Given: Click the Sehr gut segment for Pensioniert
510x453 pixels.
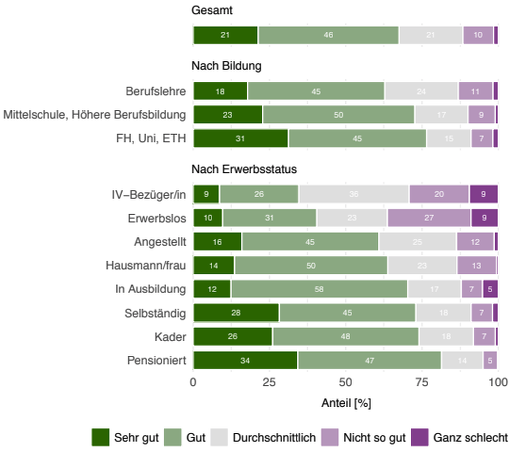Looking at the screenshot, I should click(x=245, y=360).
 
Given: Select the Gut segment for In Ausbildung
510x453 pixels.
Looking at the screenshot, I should click(x=319, y=289).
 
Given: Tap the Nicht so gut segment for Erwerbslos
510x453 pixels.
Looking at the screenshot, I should click(x=429, y=218).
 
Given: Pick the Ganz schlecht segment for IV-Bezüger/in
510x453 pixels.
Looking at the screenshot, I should click(x=483, y=194).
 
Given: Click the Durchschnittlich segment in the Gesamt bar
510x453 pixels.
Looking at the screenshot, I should click(x=431, y=35).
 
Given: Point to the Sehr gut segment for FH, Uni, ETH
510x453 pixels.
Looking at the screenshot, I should click(x=240, y=138).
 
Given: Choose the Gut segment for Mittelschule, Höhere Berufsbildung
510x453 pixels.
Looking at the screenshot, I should click(x=338, y=115).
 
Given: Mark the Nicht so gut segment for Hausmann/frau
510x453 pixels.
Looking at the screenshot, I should click(x=476, y=265).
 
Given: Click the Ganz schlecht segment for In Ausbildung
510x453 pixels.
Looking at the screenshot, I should click(x=490, y=289).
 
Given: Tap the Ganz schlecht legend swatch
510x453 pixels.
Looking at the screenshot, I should click(x=420, y=437).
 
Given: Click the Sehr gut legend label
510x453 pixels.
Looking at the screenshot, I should click(x=136, y=438).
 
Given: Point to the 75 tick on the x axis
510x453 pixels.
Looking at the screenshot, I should click(x=422, y=382).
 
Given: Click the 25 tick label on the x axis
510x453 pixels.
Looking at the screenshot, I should click(x=269, y=382).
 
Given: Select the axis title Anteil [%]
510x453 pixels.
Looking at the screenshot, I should click(x=346, y=403).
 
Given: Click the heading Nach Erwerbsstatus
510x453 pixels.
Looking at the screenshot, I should click(x=244, y=169).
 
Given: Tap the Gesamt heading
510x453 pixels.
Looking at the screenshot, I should click(x=212, y=10).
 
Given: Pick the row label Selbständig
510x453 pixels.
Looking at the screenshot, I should click(x=155, y=313).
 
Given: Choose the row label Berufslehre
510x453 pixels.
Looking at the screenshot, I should click(x=156, y=91).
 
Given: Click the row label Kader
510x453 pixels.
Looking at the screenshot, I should click(x=170, y=337).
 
